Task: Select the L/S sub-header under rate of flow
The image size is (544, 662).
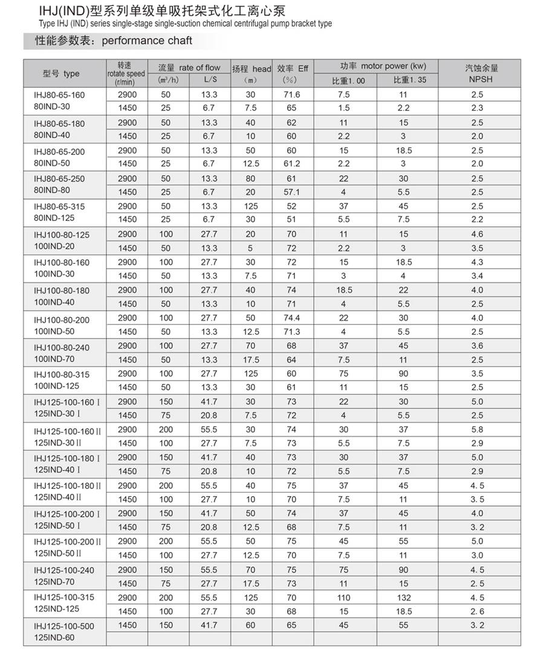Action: (210, 80)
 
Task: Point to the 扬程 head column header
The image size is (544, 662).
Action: (251, 68)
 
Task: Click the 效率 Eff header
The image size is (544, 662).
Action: (293, 68)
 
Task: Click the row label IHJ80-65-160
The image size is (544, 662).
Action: (59, 95)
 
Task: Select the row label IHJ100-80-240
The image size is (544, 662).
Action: (62, 347)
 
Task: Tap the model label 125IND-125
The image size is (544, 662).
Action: (57, 609)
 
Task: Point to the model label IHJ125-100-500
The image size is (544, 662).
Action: (64, 626)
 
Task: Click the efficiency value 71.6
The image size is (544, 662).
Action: (292, 94)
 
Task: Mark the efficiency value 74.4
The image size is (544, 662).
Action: (292, 318)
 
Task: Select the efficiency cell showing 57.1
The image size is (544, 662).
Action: (292, 192)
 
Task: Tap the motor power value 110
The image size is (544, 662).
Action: (344, 597)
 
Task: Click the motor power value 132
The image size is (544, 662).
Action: (403, 597)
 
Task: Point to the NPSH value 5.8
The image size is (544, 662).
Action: (478, 429)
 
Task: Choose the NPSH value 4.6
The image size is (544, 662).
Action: (478, 234)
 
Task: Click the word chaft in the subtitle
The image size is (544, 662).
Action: (180, 41)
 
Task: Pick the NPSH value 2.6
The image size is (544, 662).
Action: (478, 611)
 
